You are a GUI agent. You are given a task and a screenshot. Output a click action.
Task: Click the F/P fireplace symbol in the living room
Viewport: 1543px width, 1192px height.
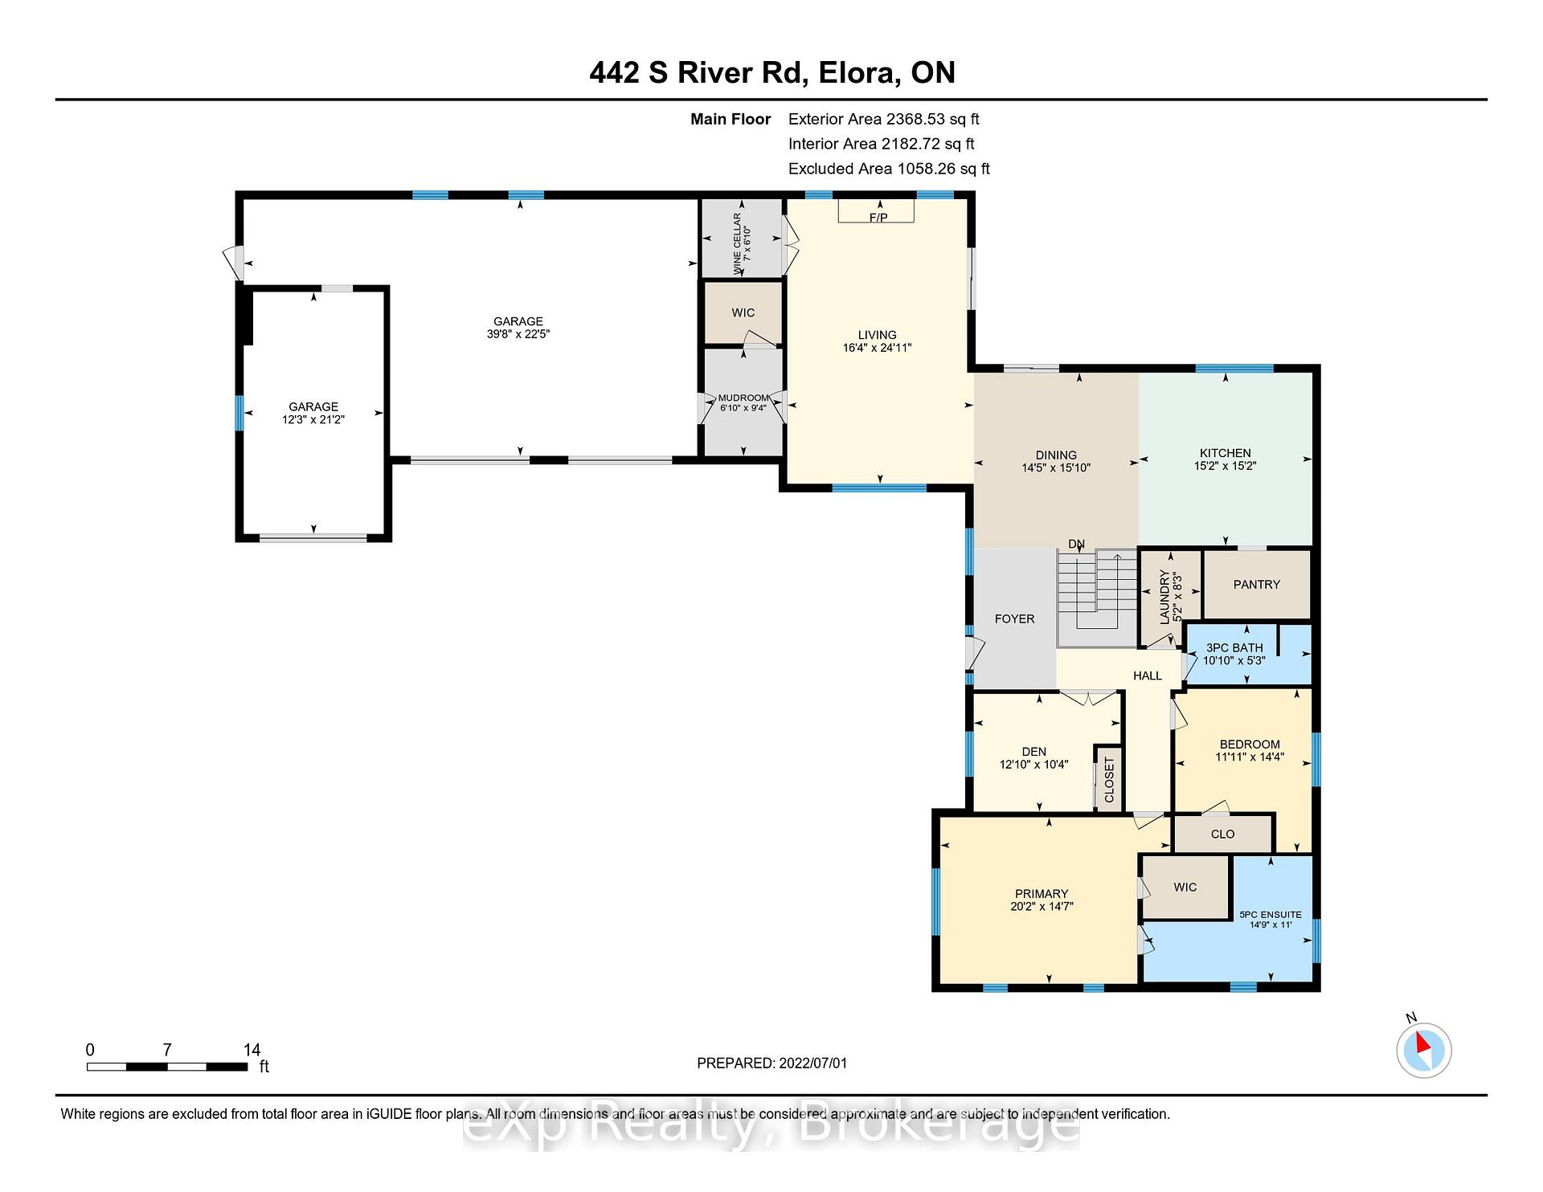(x=877, y=210)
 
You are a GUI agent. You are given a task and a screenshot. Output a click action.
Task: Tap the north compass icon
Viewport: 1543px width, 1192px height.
(x=1424, y=1049)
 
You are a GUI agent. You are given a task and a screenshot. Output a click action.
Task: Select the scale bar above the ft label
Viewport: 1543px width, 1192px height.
(x=167, y=1067)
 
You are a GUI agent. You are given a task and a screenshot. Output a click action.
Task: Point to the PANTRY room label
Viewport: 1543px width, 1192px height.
(x=1256, y=585)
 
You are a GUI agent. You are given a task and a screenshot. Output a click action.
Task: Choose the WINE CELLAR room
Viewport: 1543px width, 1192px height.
(x=743, y=238)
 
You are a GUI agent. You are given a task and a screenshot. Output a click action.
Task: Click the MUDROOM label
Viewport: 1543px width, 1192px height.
(x=743, y=398)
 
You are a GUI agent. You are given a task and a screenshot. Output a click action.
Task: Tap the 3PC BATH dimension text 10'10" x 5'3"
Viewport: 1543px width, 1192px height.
(x=1234, y=660)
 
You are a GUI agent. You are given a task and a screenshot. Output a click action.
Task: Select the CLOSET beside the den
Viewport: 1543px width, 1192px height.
(x=1109, y=778)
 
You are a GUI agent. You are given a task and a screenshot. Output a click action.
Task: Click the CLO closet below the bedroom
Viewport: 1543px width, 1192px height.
(x=1222, y=834)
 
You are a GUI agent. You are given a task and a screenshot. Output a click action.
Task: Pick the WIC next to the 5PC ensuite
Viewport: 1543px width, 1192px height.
(x=1185, y=887)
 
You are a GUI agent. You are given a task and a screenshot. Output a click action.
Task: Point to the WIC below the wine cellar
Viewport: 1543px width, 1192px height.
(x=743, y=312)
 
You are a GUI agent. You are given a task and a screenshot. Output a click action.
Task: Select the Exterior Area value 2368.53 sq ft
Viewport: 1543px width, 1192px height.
(x=932, y=119)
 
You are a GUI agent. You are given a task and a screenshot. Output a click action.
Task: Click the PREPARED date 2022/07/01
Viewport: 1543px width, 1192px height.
(x=812, y=1063)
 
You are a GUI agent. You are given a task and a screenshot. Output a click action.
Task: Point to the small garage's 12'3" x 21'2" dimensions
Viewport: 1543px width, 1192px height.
(x=313, y=419)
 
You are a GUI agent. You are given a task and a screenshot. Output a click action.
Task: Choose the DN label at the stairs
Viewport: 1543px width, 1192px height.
(x=1076, y=545)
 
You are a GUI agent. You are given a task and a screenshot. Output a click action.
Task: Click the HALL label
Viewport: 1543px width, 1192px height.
(x=1147, y=676)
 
